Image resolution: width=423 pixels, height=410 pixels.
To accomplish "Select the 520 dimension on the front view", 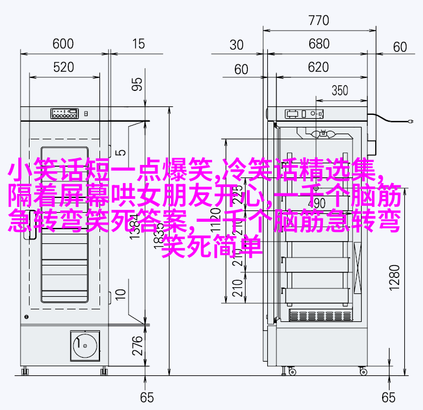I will [x=64, y=68].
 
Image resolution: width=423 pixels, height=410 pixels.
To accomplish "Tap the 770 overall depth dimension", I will [x=319, y=21].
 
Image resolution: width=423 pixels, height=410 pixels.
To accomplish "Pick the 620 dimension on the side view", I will [x=319, y=68].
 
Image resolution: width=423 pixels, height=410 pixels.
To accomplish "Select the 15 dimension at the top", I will [x=138, y=44].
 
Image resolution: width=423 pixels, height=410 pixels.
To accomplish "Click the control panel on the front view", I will [x=64, y=113].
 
